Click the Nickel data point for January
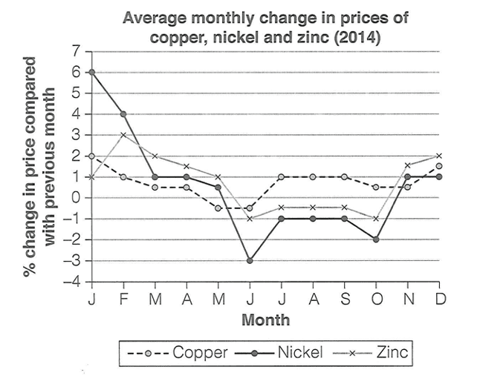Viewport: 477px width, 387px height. tap(91, 72)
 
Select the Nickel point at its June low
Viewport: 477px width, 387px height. tap(250, 261)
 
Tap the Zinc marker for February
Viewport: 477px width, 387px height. tap(123, 135)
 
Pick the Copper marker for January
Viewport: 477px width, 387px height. tap(91, 156)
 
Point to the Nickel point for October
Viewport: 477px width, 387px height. tap(377, 239)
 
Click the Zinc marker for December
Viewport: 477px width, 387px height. tap(439, 156)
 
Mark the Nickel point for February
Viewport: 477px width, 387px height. tap(123, 114)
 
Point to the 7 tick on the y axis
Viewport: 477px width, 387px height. tap(74, 51)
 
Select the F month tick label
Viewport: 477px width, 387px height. tap(123, 300)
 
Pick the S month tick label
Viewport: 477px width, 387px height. tap(345, 300)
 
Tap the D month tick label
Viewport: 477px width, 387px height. tap(439, 300)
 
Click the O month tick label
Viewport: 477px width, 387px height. tap(377, 300)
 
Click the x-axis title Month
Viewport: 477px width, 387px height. tap(265, 320)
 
